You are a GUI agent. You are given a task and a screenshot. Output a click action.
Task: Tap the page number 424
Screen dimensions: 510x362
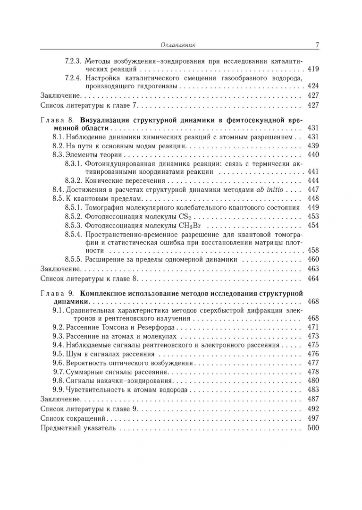313,86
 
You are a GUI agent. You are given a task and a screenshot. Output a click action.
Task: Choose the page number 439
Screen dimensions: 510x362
313,146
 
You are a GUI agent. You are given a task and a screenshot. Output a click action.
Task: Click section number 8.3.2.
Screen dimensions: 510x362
74,180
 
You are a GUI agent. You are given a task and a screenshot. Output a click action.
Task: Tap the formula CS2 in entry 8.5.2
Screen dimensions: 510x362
187,216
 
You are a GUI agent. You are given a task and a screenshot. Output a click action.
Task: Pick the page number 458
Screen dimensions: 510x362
313,250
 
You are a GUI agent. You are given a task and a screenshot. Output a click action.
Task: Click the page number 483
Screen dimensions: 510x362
313,390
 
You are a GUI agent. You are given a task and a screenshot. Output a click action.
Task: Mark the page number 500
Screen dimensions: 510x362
313,428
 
